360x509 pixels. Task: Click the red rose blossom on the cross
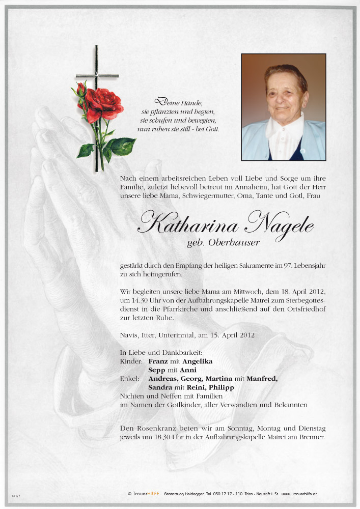tap(104, 103)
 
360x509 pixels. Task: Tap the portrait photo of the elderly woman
tap(283, 107)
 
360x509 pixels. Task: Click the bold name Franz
tap(158, 361)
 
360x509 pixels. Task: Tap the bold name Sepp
tap(157, 370)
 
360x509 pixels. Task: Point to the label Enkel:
tap(130, 379)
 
